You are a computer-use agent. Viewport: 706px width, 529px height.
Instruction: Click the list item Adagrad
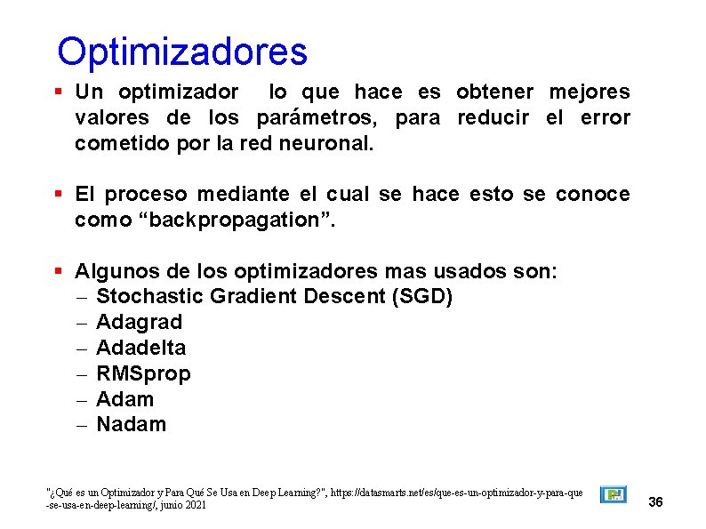point(139,322)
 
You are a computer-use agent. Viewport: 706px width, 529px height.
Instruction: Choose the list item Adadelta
point(140,348)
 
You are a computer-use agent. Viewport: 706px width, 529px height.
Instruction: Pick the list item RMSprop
point(142,373)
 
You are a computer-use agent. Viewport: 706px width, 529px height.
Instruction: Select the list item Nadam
point(131,425)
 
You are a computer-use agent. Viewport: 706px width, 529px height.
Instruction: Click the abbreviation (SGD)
point(421,296)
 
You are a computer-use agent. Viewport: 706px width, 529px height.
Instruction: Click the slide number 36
point(656,502)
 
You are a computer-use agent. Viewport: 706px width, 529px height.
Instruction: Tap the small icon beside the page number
point(613,494)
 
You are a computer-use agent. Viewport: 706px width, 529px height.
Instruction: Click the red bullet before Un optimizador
point(58,92)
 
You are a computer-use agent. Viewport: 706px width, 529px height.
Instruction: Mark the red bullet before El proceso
point(58,194)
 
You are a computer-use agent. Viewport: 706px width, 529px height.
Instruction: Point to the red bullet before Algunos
point(58,270)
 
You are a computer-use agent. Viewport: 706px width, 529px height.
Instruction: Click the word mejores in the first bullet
point(589,92)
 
